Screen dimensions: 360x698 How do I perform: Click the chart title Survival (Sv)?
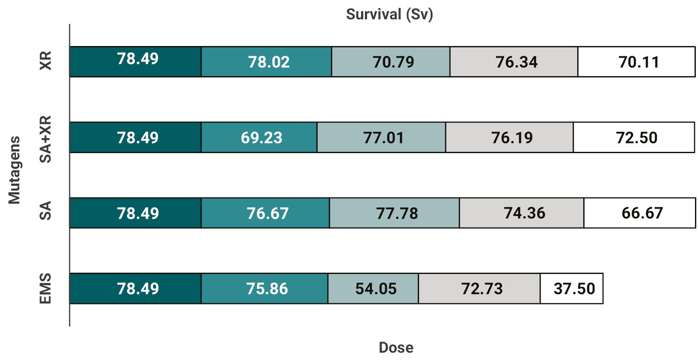tap(389, 14)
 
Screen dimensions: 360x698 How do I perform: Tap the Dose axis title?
tap(396, 347)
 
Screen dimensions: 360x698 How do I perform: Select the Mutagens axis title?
tap(14, 170)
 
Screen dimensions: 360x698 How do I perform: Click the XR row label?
tap(45, 61)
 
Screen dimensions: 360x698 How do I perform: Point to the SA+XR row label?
tap(45, 139)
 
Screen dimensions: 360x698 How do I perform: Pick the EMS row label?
tap(45, 288)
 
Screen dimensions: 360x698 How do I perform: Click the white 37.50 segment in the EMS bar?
tap(572, 289)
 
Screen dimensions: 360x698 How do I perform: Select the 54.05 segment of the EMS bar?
tap(373, 289)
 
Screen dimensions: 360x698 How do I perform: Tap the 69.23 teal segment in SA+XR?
tap(259, 138)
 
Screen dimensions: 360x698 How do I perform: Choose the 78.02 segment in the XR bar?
tap(266, 62)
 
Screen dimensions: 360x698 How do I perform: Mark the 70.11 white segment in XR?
tap(636, 62)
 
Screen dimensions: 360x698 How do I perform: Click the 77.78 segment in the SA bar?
tap(395, 213)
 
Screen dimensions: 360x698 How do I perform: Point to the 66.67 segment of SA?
tap(640, 213)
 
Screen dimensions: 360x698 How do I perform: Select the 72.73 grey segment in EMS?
tap(479, 289)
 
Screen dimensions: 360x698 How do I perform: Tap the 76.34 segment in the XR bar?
tap(514, 62)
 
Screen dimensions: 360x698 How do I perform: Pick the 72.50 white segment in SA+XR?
tap(634, 138)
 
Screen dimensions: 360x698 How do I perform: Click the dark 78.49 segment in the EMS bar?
tap(135, 289)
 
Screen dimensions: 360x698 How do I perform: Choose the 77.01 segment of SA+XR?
tap(381, 138)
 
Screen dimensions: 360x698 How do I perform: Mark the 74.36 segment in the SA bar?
tap(522, 213)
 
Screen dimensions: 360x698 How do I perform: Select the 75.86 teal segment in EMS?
tap(265, 289)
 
